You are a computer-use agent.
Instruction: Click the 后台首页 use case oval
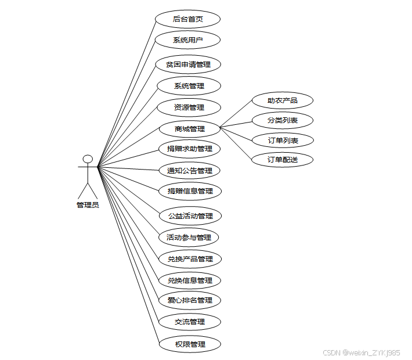click(x=188, y=19)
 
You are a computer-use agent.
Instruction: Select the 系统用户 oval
click(x=188, y=40)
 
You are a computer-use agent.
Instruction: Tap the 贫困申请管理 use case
click(x=188, y=64)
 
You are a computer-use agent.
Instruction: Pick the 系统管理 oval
click(x=189, y=86)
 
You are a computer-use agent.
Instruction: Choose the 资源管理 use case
click(x=189, y=107)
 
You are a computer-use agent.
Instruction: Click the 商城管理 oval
click(x=190, y=128)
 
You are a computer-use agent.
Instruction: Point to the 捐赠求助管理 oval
click(x=190, y=149)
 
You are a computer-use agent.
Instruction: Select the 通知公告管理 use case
click(x=190, y=171)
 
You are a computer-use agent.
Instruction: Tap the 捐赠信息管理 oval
click(x=190, y=191)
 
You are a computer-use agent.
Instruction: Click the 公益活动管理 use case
click(x=190, y=216)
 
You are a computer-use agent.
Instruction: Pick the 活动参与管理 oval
click(x=189, y=237)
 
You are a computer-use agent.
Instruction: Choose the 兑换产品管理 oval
click(x=190, y=259)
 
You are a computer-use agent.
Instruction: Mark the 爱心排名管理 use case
click(x=190, y=300)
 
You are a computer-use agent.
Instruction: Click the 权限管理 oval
click(x=190, y=344)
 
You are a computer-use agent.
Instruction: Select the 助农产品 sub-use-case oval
click(x=283, y=100)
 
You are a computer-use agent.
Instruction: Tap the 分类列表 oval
click(x=283, y=120)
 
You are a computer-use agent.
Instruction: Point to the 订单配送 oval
click(x=283, y=159)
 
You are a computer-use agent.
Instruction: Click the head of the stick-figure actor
click(x=88, y=159)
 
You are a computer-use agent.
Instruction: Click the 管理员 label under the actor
click(x=88, y=205)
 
